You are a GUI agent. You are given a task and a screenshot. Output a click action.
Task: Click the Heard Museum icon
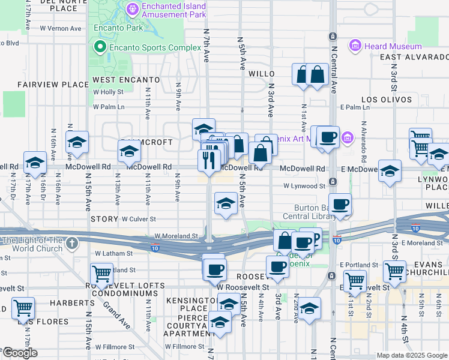[x=355, y=46]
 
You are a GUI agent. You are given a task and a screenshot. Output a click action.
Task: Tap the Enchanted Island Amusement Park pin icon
[x=132, y=9]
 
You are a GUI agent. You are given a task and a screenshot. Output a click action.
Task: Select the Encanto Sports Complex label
[x=152, y=47]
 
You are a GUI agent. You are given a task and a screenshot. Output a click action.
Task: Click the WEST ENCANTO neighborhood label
[x=126, y=80]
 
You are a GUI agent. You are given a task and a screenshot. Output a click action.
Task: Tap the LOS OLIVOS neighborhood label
[x=387, y=100]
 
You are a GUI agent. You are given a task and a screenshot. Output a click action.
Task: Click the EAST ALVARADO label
[x=414, y=57]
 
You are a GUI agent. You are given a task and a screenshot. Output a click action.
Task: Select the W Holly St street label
[x=108, y=92]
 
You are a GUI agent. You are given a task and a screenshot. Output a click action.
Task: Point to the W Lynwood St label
[x=304, y=186]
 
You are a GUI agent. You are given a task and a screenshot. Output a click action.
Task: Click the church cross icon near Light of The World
[x=72, y=243]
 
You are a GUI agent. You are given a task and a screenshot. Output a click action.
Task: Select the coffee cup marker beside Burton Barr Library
[x=340, y=205]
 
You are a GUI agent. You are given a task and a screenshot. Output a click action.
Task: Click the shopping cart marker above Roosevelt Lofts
[x=102, y=273]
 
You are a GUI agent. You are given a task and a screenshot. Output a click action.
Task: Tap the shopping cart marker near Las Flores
[x=23, y=308]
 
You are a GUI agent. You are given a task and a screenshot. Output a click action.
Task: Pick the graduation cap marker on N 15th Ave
[x=77, y=143]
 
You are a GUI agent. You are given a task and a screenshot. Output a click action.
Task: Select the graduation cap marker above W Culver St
[x=226, y=203]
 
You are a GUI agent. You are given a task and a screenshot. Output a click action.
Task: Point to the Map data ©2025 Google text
[x=412, y=355]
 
